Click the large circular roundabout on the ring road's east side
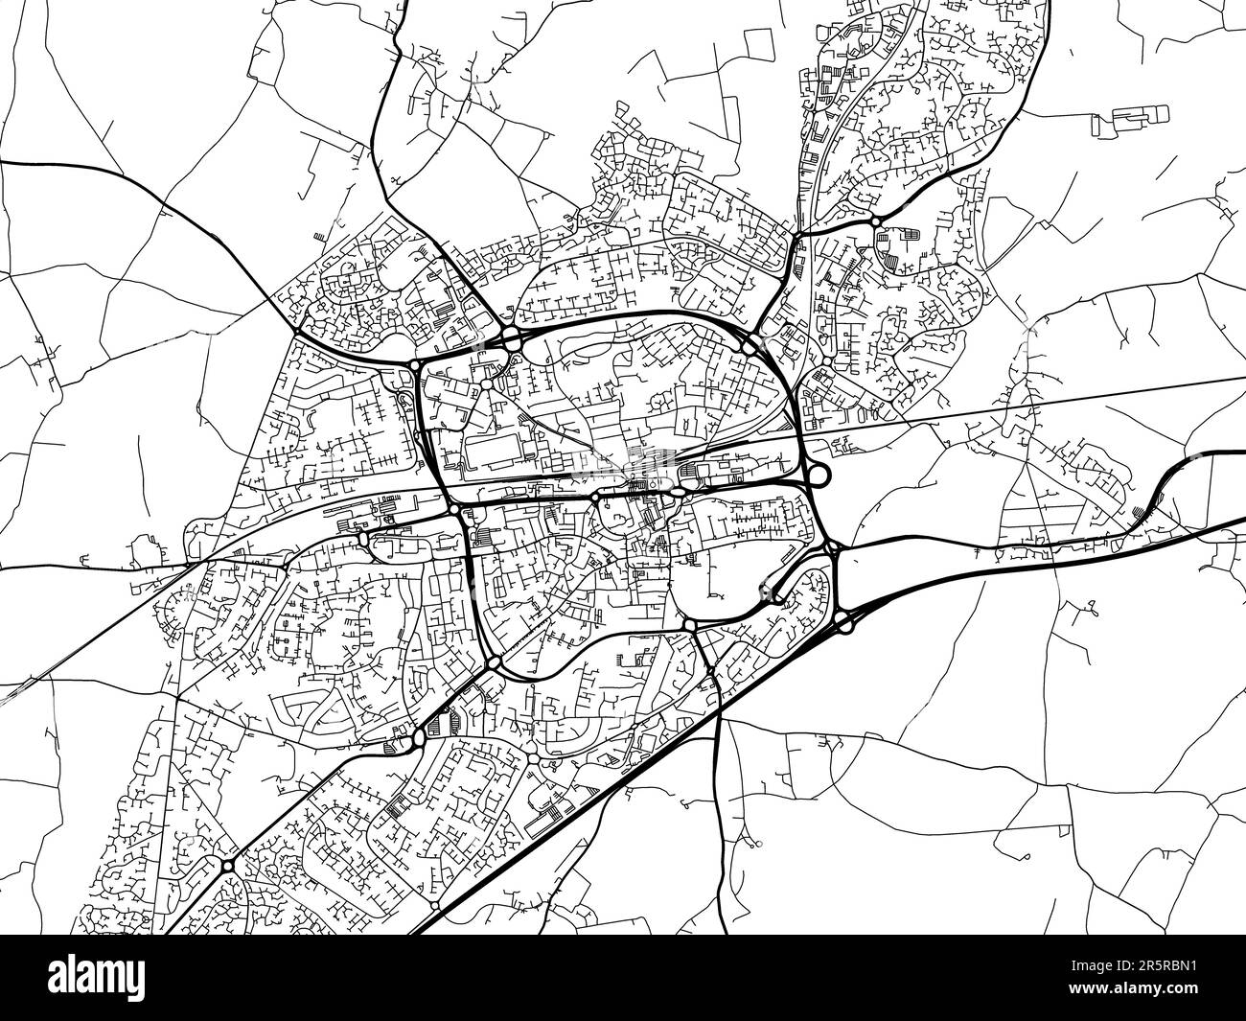click(818, 474)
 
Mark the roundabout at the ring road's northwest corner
click(414, 365)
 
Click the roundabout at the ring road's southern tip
click(494, 662)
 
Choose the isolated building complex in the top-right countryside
click(1131, 117)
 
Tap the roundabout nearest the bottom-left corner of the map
click(228, 866)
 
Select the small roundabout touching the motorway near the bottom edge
click(435, 905)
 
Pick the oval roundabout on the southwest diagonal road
click(419, 737)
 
